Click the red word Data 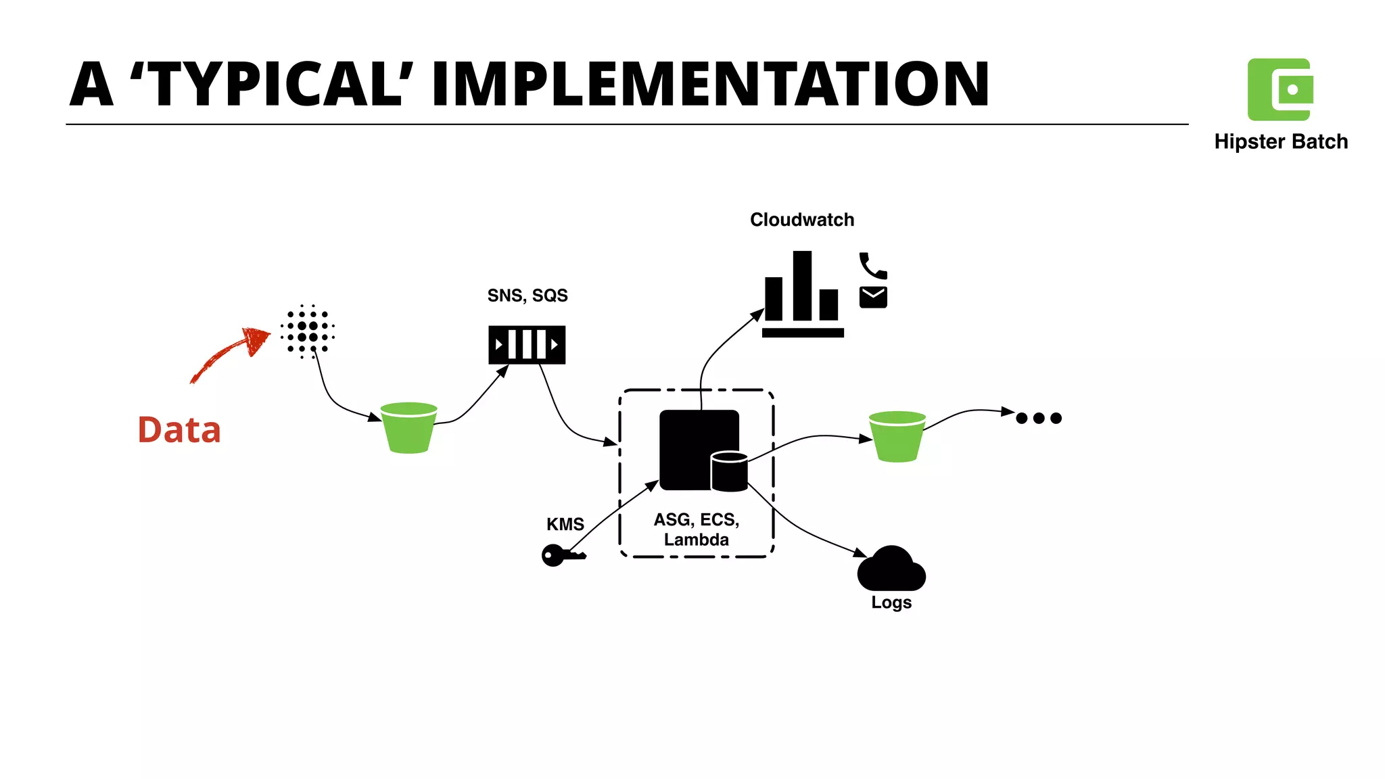[179, 430]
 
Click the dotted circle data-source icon [308, 331]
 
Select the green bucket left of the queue [408, 428]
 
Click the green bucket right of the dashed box [897, 437]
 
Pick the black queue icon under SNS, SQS [527, 345]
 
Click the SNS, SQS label [527, 296]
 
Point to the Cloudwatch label [802, 220]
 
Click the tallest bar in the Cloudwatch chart [802, 285]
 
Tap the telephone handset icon [872, 266]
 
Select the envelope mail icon [873, 297]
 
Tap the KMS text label [565, 524]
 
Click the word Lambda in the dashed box [696, 540]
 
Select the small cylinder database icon [729, 472]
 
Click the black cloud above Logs [891, 570]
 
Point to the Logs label [891, 602]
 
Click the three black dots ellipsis [1039, 418]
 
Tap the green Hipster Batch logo [1280, 89]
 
